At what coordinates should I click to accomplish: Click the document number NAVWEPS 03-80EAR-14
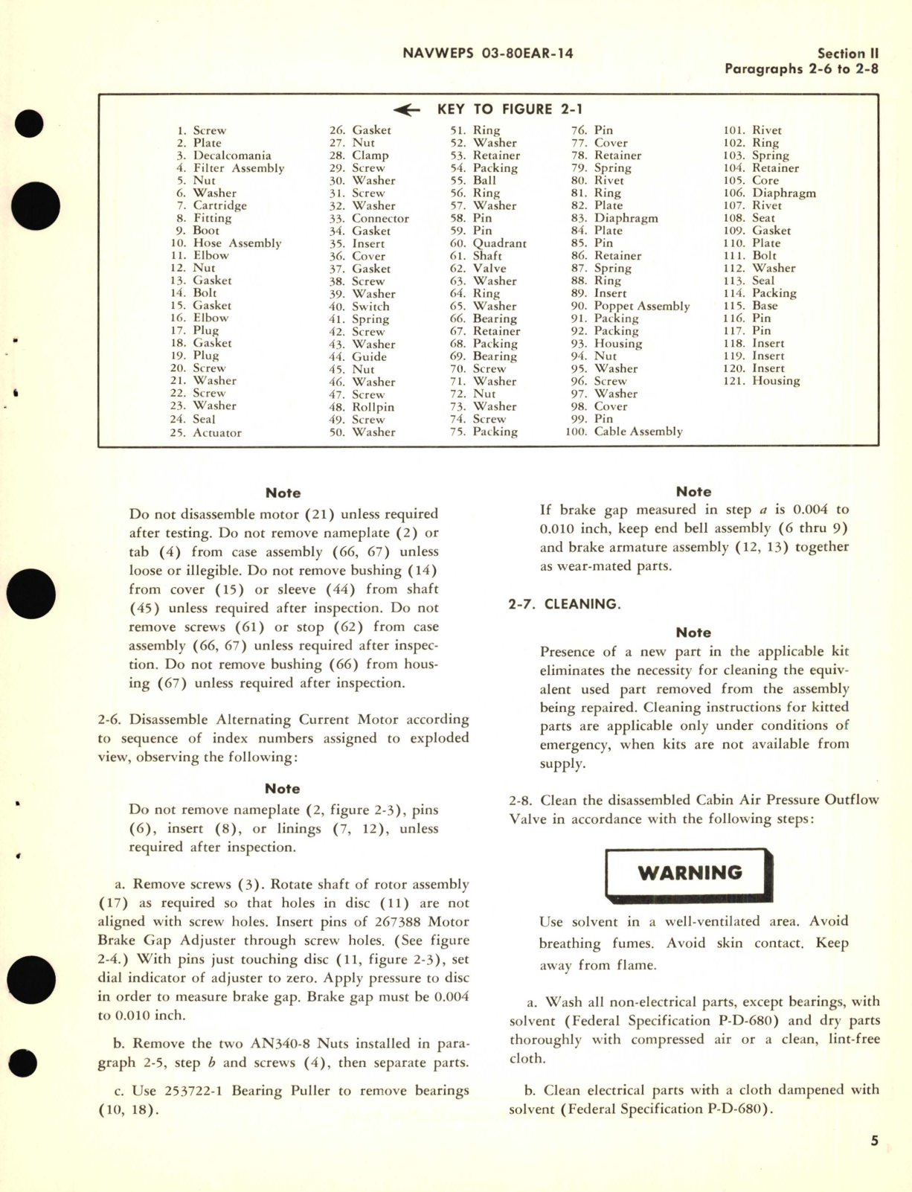tap(487, 54)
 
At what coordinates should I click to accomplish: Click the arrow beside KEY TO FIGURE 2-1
tap(407, 110)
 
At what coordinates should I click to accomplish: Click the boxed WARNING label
tap(690, 873)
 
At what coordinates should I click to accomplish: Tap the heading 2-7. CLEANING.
tap(564, 604)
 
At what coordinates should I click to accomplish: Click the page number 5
tap(875, 1141)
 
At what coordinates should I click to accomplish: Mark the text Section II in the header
tap(847, 54)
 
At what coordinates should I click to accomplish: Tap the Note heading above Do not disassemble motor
tap(283, 493)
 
